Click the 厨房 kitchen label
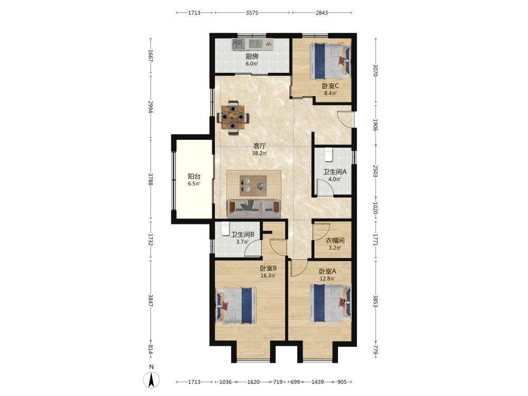tap(252, 56)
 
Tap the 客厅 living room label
tap(260, 146)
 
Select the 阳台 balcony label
tap(194, 176)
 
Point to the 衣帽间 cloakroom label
tap(335, 240)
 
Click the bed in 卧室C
tap(331, 61)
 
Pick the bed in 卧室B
tap(236, 305)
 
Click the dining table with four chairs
tap(233, 117)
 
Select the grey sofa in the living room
tap(254, 209)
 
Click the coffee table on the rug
tap(253, 185)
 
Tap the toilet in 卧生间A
tap(328, 155)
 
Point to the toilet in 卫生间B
tap(225, 229)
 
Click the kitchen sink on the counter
tap(239, 44)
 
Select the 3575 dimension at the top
tap(252, 13)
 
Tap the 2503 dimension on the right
tap(375, 171)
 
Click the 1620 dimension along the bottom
tap(253, 382)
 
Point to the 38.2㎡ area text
tap(260, 153)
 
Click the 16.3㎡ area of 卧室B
tap(268, 276)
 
